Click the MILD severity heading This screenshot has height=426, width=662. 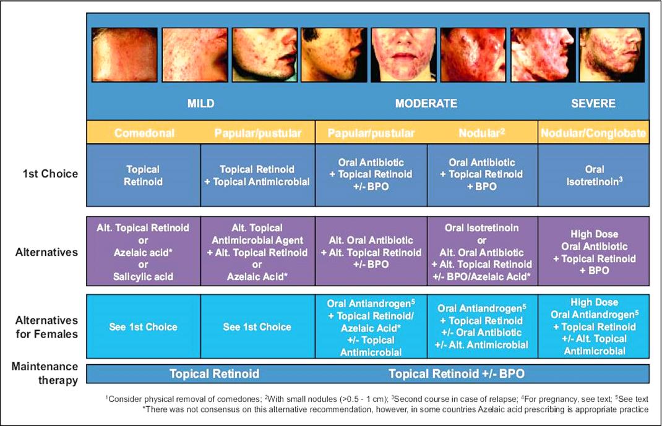click(200, 103)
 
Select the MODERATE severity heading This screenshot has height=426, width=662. click(426, 103)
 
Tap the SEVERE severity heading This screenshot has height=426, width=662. click(593, 103)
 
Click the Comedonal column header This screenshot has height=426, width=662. click(144, 134)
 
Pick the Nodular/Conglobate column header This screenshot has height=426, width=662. click(593, 134)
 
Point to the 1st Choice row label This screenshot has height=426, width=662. click(50, 174)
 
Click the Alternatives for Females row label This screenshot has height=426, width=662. click(46, 327)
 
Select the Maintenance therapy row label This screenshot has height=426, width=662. click(45, 373)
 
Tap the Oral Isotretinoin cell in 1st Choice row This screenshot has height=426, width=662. click(593, 175)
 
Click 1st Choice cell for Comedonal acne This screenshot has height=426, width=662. click(144, 175)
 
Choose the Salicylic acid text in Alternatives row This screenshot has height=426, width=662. click(143, 277)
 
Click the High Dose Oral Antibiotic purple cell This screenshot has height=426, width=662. click(593, 252)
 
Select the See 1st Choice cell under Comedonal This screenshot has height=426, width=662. click(144, 326)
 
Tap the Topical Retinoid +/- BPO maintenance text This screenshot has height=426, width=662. click(457, 373)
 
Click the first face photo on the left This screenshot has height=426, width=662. click(124, 55)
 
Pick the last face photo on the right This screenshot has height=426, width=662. click(612, 55)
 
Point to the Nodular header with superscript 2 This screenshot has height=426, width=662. click(482, 134)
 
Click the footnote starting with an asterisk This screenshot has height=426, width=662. click(395, 409)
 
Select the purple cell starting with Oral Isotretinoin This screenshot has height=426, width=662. click(483, 252)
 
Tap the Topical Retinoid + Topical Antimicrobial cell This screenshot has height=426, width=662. click(257, 175)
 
